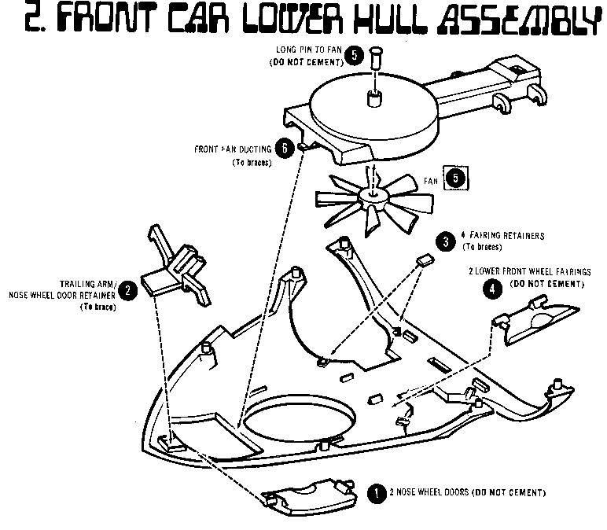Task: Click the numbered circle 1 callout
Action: coord(377,492)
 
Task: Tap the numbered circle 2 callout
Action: coord(129,290)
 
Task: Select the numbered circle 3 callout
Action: coord(446,241)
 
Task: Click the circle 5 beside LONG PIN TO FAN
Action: coord(357,56)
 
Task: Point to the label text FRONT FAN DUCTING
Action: coord(234,149)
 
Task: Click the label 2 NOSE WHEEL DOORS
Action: coord(456,493)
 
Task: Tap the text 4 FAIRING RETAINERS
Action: coord(503,236)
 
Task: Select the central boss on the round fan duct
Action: coord(373,100)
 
